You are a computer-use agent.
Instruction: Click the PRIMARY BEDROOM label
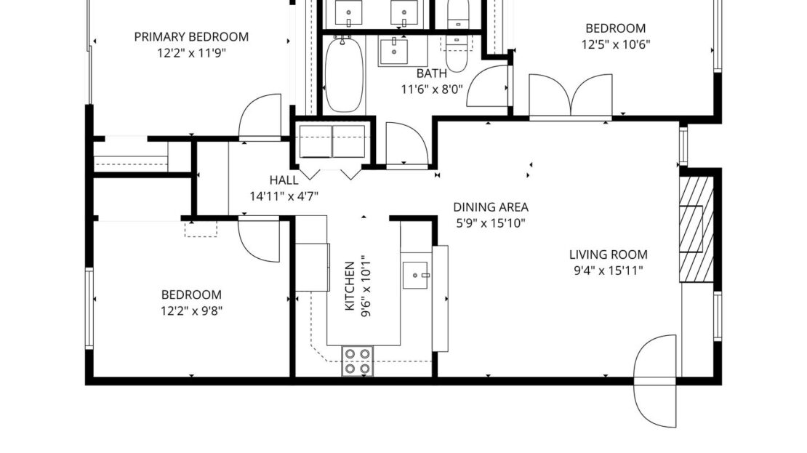point(191,36)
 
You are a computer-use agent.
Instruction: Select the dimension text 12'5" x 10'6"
point(615,44)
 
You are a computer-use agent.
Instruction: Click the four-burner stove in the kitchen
point(358,361)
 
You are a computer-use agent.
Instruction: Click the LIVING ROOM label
point(608,254)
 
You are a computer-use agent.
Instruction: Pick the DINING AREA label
point(490,207)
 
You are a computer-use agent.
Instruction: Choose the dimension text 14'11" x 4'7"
point(284,196)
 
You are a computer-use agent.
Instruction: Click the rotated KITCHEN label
point(350,286)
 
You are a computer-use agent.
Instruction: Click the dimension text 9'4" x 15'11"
point(608,270)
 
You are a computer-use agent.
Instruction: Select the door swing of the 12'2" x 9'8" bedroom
point(259,239)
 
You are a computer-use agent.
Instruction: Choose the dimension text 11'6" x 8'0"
point(432,89)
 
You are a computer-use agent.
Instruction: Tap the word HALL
point(284,180)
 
